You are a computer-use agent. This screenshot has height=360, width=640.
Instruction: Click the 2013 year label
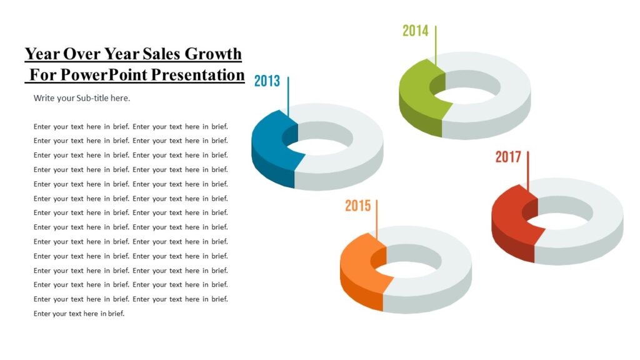pyautogui.click(x=267, y=81)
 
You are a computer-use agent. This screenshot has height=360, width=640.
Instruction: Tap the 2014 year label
pyautogui.click(x=415, y=30)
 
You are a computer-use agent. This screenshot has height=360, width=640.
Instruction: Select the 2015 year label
pyautogui.click(x=357, y=206)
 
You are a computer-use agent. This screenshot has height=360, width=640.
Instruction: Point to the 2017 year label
pyautogui.click(x=508, y=157)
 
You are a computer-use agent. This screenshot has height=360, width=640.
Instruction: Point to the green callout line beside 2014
pyautogui.click(x=436, y=44)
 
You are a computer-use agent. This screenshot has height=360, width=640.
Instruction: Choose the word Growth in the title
pyautogui.click(x=216, y=54)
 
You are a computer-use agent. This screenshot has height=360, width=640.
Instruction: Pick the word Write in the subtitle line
pyautogui.click(x=44, y=98)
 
